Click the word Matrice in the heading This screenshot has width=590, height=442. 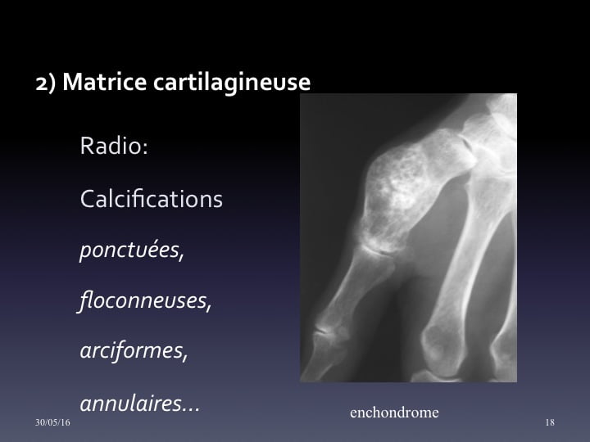point(105,82)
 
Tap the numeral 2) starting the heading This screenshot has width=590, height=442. point(46,83)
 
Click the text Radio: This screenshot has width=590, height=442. point(114,145)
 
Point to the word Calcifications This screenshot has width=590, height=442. point(152,198)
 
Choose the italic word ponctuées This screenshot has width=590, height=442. point(129,250)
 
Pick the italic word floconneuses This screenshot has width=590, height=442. point(143,300)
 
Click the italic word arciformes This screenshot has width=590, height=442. point(131,350)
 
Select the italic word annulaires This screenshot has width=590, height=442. point(130,403)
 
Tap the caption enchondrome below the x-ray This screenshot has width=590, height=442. point(394,413)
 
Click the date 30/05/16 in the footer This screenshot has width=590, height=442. point(52,422)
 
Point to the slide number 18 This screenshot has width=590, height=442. point(550,422)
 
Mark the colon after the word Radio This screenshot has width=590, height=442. point(145,148)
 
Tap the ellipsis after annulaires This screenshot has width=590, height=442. point(191,410)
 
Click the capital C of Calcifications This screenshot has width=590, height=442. point(87,198)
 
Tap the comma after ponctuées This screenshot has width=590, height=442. point(181,257)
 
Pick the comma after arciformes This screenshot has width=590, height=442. point(184,358)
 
